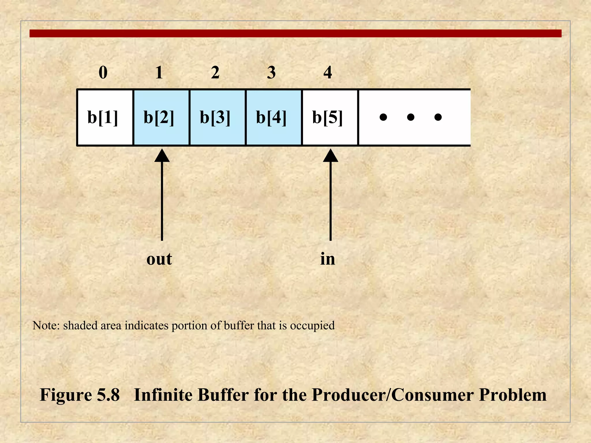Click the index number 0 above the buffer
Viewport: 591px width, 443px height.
(x=103, y=72)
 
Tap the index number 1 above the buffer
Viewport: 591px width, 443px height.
(x=159, y=72)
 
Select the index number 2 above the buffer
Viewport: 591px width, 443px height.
(x=215, y=72)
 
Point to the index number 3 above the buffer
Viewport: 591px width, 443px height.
(x=271, y=72)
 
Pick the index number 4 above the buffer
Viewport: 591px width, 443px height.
(x=328, y=72)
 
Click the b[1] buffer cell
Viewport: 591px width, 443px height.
(x=103, y=117)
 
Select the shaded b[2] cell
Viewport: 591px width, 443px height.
(x=159, y=117)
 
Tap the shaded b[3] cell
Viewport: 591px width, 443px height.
(x=215, y=117)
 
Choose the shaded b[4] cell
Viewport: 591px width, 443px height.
(x=272, y=117)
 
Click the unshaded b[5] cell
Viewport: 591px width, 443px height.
(x=328, y=117)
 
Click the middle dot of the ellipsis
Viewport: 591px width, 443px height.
(x=411, y=117)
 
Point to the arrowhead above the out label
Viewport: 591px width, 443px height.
(x=162, y=155)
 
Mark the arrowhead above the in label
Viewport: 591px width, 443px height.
(x=330, y=155)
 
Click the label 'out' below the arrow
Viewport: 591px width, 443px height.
(x=159, y=259)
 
